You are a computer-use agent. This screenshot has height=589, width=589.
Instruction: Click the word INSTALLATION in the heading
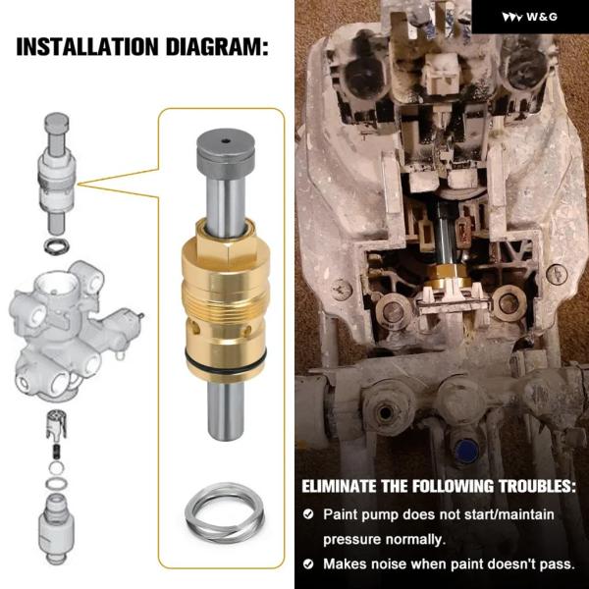(x=87, y=47)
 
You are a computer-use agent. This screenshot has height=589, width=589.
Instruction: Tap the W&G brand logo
(x=530, y=17)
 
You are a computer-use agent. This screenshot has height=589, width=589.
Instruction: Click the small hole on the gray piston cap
(x=226, y=141)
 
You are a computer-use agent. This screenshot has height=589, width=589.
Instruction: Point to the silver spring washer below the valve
(x=225, y=512)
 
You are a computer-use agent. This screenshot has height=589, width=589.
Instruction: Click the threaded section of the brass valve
(x=226, y=300)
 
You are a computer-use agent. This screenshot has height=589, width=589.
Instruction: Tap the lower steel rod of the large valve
(x=226, y=410)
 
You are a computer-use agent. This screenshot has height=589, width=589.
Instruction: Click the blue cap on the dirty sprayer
(x=465, y=451)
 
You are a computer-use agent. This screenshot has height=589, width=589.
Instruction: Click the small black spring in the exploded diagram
(x=56, y=450)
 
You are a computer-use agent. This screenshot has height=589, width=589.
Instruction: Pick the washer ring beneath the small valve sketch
(x=56, y=246)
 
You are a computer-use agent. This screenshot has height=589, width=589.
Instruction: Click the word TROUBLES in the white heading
(x=537, y=486)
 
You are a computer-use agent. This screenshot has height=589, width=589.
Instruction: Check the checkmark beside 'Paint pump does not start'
(x=308, y=513)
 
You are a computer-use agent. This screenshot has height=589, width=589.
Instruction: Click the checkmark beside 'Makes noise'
(x=308, y=563)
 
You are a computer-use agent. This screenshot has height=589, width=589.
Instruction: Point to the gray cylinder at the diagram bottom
(x=56, y=529)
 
